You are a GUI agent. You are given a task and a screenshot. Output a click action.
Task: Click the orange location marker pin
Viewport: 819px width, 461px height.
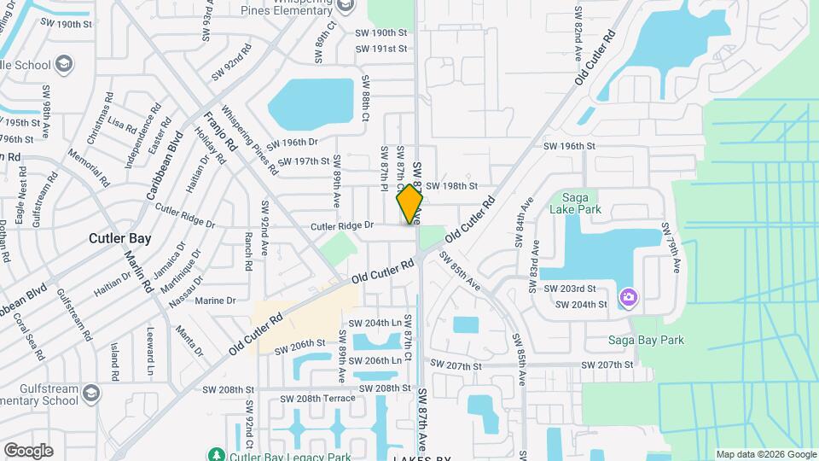(409, 204)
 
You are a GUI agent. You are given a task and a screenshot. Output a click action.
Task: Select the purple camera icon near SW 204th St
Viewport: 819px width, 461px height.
(629, 296)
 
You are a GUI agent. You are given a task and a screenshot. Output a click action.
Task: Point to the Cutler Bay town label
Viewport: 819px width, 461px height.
(119, 238)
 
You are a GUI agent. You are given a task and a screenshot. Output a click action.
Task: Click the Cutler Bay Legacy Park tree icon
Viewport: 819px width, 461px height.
(218, 454)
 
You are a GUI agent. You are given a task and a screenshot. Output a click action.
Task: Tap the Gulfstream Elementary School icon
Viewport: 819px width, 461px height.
(90, 393)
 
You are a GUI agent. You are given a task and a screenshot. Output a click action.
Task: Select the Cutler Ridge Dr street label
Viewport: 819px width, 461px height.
(342, 225)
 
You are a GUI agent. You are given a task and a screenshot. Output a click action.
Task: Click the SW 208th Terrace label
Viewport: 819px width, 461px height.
(320, 399)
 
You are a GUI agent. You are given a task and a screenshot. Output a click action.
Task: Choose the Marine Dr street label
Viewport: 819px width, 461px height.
(215, 301)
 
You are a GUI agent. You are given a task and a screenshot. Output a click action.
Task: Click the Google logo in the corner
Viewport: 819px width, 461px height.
(28, 450)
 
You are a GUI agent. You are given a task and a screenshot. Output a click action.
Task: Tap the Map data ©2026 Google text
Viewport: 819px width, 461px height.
(765, 454)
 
